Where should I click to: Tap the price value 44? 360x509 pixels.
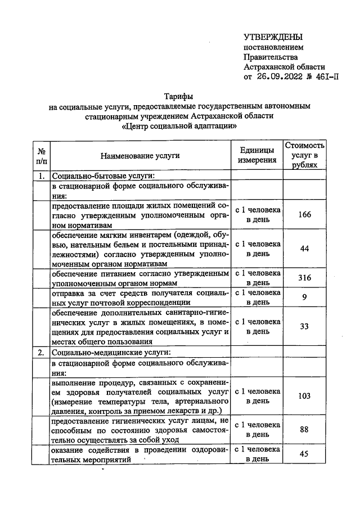click(304, 249)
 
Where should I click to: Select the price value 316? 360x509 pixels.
click(304, 278)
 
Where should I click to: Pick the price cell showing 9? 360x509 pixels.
click(304, 297)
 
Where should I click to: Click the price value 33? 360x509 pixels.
click(304, 326)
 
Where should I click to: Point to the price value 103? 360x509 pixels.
click(304, 396)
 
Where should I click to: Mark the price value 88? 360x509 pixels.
click(304, 430)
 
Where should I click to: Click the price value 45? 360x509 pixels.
click(304, 454)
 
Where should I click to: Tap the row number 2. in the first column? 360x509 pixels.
click(41, 353)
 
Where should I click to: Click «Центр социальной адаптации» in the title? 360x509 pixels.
click(179, 127)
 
